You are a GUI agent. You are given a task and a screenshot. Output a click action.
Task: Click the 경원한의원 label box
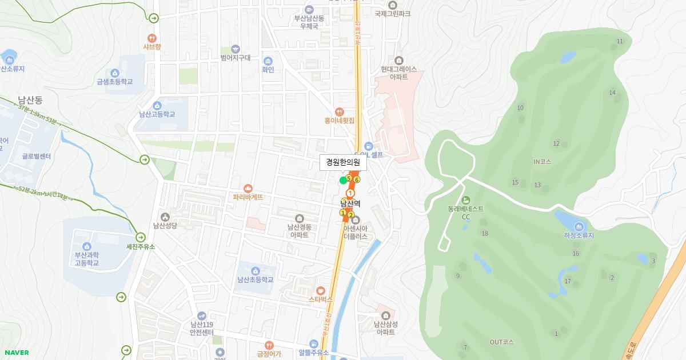coord(342,162)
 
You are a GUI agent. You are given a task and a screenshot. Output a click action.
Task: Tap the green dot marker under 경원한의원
coord(343,181)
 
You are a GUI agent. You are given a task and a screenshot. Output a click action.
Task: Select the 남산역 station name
coord(350,203)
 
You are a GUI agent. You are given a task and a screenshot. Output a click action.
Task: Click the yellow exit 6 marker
coord(357,180)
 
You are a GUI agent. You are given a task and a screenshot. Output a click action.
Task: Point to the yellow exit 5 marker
coord(349,178)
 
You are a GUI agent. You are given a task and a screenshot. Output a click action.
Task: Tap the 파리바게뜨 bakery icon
coord(248,188)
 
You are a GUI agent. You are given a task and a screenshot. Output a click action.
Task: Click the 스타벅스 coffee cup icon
coord(320,290)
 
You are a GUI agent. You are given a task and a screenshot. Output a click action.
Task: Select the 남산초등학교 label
coord(256,279)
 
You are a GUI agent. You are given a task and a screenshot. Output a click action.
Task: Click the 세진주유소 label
coord(141,247)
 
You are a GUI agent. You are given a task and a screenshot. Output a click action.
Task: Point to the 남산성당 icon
coord(165,217)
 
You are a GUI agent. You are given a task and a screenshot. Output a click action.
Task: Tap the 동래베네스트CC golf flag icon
coord(465,200)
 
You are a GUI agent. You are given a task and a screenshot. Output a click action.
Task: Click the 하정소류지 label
coord(579,235)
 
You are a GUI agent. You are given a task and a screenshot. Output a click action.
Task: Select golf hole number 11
coord(620,41)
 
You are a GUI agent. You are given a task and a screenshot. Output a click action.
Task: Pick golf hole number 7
coord(465,347)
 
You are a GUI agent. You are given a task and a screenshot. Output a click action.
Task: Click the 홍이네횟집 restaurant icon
coord(340,112)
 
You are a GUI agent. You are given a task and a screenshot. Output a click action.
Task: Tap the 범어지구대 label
coord(236,58)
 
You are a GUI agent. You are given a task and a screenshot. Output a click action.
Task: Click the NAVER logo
coord(15,353)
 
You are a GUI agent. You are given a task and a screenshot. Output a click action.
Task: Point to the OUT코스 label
coord(501,342)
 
